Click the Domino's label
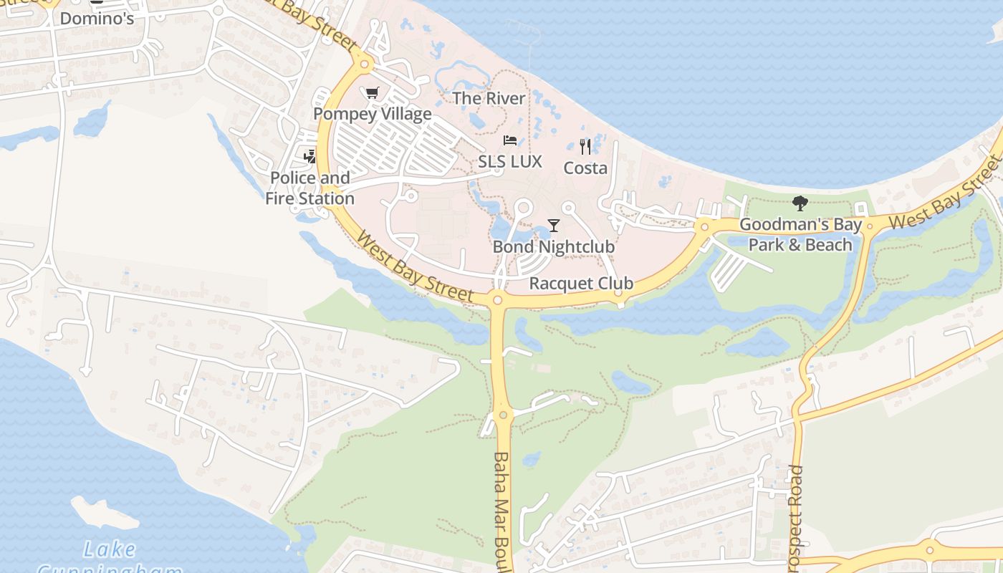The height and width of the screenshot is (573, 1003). (97, 18)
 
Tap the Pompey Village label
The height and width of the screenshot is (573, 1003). (373, 114)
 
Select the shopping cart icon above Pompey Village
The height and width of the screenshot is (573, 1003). (372, 93)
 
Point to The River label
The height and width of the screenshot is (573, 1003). (489, 98)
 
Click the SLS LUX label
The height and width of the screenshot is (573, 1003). (510, 162)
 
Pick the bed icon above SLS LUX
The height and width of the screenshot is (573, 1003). (510, 140)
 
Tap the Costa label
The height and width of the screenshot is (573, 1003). (585, 168)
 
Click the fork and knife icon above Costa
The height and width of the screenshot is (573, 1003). (585, 147)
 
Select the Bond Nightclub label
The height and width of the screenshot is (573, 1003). (554, 247)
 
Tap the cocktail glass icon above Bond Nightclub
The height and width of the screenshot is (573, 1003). (553, 226)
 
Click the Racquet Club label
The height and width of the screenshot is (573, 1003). (581, 284)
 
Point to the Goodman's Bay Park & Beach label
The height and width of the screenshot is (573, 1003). (800, 234)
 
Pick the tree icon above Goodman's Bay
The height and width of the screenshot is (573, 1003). (800, 203)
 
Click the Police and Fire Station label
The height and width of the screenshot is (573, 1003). (309, 188)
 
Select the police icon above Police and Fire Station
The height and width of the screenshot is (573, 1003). (309, 155)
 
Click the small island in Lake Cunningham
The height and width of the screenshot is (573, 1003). (105, 511)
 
